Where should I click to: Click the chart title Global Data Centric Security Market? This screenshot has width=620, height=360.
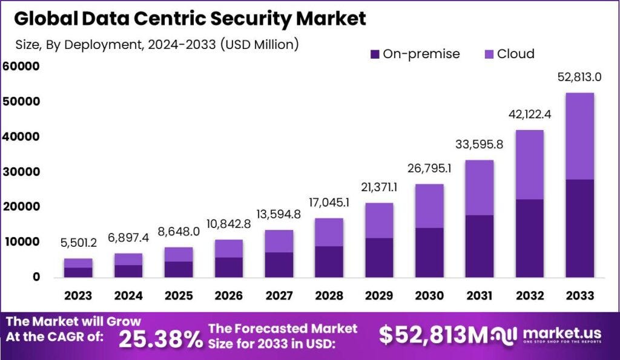pyautogui.click(x=190, y=19)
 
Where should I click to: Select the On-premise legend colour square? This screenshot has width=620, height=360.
pyautogui.click(x=374, y=54)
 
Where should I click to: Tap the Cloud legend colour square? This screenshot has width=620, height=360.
pyautogui.click(x=488, y=54)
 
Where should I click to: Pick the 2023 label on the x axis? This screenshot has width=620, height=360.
pyautogui.click(x=79, y=296)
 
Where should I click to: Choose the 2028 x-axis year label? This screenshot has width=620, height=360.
pyautogui.click(x=329, y=296)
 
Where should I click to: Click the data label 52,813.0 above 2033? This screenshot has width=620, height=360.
pyautogui.click(x=579, y=77)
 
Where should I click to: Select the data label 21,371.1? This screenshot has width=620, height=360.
pyautogui.click(x=380, y=188)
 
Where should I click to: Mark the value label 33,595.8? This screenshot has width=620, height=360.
pyautogui.click(x=480, y=145)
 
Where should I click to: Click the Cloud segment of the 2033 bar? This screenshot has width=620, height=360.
pyautogui.click(x=579, y=136)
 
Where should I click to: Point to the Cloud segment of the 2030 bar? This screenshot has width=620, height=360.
pyautogui.click(x=429, y=206)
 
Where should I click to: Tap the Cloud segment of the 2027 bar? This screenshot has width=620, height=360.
pyautogui.click(x=279, y=241)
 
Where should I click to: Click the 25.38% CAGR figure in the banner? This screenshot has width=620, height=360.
pyautogui.click(x=160, y=340)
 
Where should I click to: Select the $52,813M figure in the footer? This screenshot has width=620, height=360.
pyautogui.click(x=434, y=335)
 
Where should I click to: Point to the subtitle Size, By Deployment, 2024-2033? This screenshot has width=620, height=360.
pyautogui.click(x=156, y=44)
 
